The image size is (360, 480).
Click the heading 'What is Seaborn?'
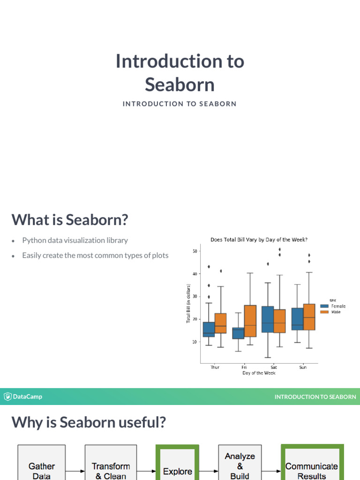tap(70, 219)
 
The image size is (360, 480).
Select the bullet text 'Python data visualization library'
tap(75, 240)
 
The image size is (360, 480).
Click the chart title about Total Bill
tap(259, 240)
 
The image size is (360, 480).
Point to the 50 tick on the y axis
tap(195, 251)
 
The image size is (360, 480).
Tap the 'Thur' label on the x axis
tap(214, 367)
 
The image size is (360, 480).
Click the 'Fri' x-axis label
tap(244, 367)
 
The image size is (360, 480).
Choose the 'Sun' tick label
tap(303, 367)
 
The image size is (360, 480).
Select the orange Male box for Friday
tap(250, 321)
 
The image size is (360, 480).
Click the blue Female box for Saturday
tap(268, 319)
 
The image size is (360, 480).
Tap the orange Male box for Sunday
tap(309, 317)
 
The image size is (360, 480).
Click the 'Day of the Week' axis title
tap(259, 373)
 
